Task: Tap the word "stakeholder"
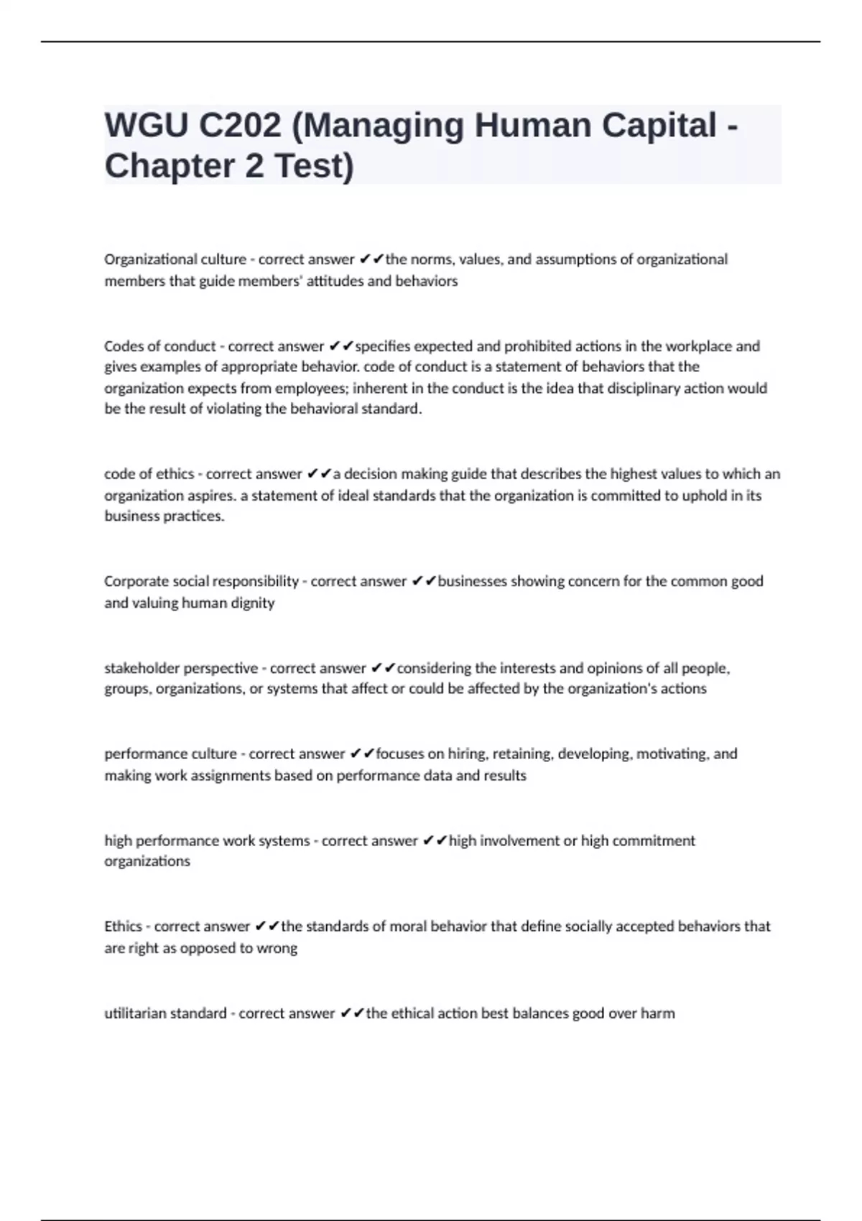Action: click(x=142, y=668)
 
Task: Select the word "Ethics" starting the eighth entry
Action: click(x=123, y=927)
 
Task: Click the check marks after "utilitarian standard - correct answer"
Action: click(x=351, y=1013)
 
